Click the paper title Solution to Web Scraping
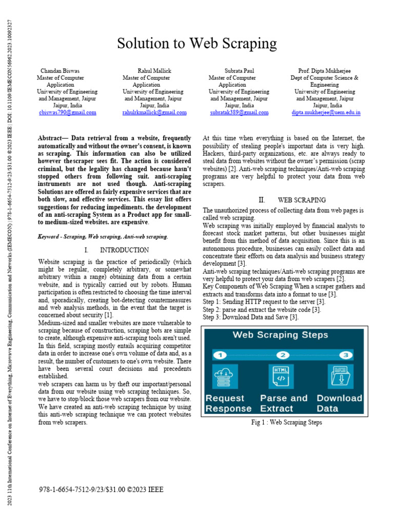point(197,44)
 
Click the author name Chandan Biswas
point(61,70)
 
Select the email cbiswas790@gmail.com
point(68,112)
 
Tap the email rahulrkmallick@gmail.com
point(154,112)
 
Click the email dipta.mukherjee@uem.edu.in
point(326,112)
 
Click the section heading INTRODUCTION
point(124,250)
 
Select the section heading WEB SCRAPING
point(301,200)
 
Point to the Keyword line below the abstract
point(103,236)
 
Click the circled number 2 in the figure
point(284,355)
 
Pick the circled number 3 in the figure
point(347,355)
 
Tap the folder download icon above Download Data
point(340,377)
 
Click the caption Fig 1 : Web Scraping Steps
point(286,423)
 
